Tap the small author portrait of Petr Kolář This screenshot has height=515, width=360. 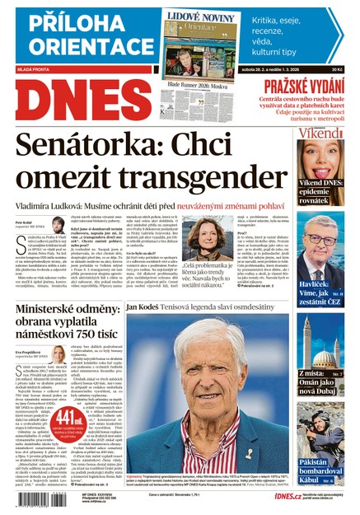(x=58, y=225)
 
